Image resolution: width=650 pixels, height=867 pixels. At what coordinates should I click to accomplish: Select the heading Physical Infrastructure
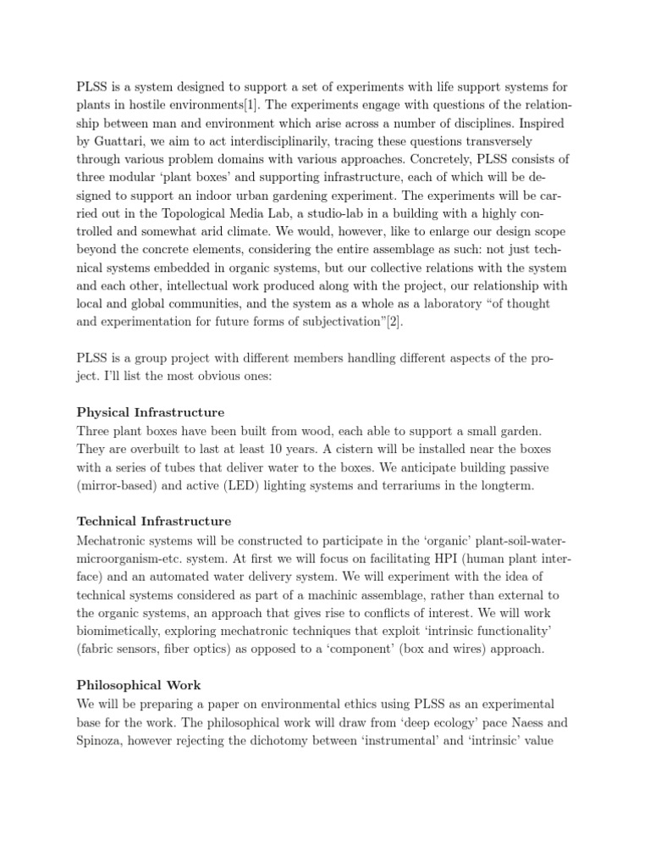151,412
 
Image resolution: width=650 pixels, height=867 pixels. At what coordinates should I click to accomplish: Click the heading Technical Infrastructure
154,521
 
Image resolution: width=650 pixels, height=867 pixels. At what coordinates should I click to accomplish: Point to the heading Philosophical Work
139,684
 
